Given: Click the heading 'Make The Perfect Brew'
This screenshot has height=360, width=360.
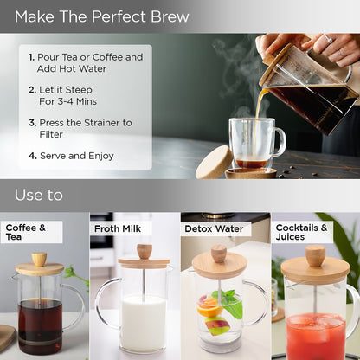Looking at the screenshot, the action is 102,16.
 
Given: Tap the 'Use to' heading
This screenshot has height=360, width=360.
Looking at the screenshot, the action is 39,195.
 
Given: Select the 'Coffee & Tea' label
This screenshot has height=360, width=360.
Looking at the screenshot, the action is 26,232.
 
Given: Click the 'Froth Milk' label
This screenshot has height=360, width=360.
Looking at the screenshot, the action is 118,228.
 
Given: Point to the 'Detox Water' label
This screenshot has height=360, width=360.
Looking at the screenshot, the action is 214,229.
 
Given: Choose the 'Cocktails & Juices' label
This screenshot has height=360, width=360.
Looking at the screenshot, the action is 301,232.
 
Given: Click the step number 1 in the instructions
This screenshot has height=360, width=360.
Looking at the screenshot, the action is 31,57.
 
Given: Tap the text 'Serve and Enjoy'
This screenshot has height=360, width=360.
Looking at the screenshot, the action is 77,156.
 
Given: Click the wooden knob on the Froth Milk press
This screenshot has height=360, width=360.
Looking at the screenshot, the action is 145,252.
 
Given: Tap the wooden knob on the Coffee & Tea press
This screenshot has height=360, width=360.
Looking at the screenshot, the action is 39,259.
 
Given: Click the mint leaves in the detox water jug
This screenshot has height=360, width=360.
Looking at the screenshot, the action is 230,304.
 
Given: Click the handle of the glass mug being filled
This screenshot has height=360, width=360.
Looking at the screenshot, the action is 280,142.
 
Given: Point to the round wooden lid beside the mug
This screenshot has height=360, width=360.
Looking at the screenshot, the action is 215,163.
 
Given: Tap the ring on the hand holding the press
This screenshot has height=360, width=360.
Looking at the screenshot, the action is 328,39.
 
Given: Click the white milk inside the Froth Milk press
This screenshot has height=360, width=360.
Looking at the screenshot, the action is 144,324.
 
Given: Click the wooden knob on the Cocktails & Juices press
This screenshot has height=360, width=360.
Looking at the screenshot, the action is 315,255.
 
